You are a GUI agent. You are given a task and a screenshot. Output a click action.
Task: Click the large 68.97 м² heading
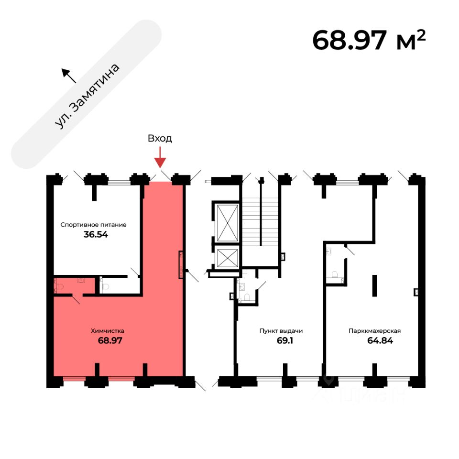point(368,40)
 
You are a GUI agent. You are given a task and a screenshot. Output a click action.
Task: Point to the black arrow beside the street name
point(68,75)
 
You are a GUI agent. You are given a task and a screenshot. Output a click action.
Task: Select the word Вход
point(160,139)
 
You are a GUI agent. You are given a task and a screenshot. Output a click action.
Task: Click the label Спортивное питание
point(93,224)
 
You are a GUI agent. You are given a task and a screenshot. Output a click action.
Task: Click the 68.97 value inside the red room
point(108,341)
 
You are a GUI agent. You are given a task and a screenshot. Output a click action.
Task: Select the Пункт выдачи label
point(281,330)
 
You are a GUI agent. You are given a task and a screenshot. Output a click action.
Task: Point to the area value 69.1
point(281,341)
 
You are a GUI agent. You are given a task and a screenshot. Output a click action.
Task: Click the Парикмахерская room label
point(374,330)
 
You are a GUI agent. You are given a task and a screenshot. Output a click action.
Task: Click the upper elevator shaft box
point(227,222)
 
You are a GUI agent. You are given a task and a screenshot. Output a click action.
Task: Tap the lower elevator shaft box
point(227,258)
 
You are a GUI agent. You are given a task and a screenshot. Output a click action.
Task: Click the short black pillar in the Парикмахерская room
point(375,285)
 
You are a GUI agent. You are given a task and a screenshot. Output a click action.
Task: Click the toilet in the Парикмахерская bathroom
point(335,274)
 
